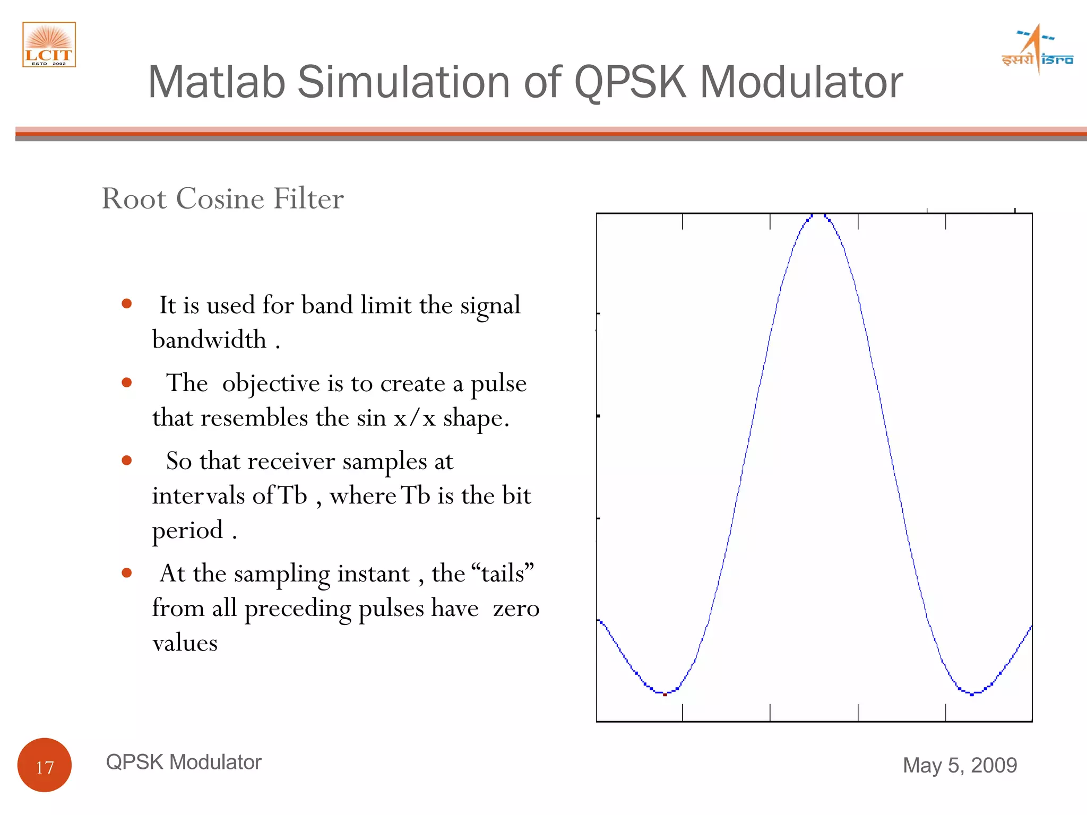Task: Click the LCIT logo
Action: (x=49, y=45)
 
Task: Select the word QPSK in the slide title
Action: (x=630, y=82)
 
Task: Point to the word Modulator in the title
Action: (x=801, y=82)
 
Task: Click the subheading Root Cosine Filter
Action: (x=222, y=198)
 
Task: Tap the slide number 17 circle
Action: (x=45, y=765)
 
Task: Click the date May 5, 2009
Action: (x=960, y=765)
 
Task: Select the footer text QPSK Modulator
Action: (x=184, y=762)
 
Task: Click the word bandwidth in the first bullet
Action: (x=209, y=340)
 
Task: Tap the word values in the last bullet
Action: (x=185, y=643)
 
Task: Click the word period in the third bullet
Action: (x=187, y=530)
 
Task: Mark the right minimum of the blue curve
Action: (x=972, y=693)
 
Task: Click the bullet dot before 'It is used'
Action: (x=126, y=304)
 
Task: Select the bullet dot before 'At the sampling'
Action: (x=126, y=573)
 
